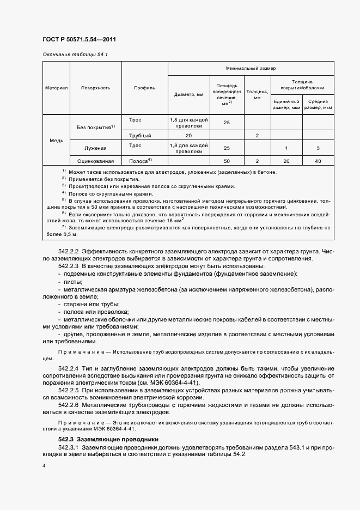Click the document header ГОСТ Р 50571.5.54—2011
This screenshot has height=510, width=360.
(79, 40)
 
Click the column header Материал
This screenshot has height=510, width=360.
(56, 87)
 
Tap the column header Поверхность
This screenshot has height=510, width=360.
(96, 87)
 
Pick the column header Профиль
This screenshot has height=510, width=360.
(144, 87)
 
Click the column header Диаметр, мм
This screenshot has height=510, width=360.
(188, 94)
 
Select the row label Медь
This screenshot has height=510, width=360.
(56, 140)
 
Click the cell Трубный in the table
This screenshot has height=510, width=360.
(140, 135)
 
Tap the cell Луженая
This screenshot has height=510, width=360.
(95, 148)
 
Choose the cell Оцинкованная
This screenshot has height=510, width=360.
(95, 161)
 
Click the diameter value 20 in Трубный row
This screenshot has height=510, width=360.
(188, 135)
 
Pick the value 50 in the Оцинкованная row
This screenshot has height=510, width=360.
(227, 161)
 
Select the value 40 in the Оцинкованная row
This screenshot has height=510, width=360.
(318, 161)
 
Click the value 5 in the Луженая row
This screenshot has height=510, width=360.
(318, 148)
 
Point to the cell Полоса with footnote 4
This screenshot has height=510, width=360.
(140, 161)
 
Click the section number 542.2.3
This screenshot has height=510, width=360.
(69, 265)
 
